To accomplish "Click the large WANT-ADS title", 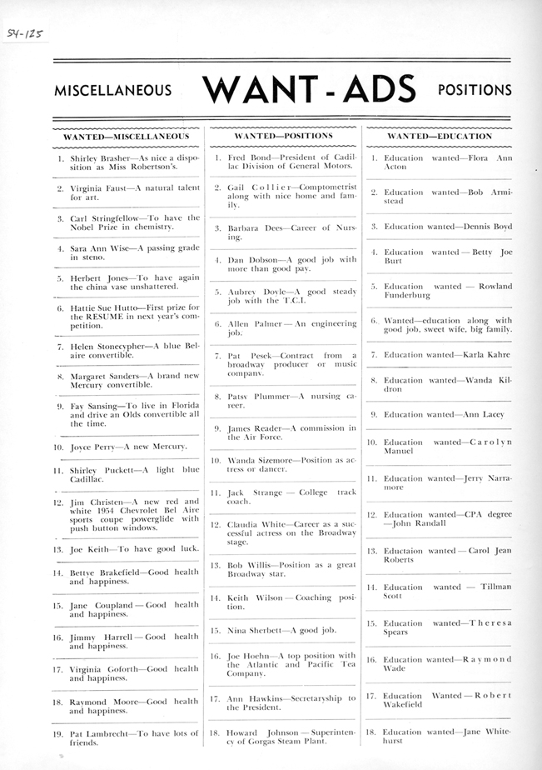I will click(308, 89).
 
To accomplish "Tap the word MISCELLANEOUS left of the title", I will click(112, 91).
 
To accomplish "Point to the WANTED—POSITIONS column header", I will click(283, 135).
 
